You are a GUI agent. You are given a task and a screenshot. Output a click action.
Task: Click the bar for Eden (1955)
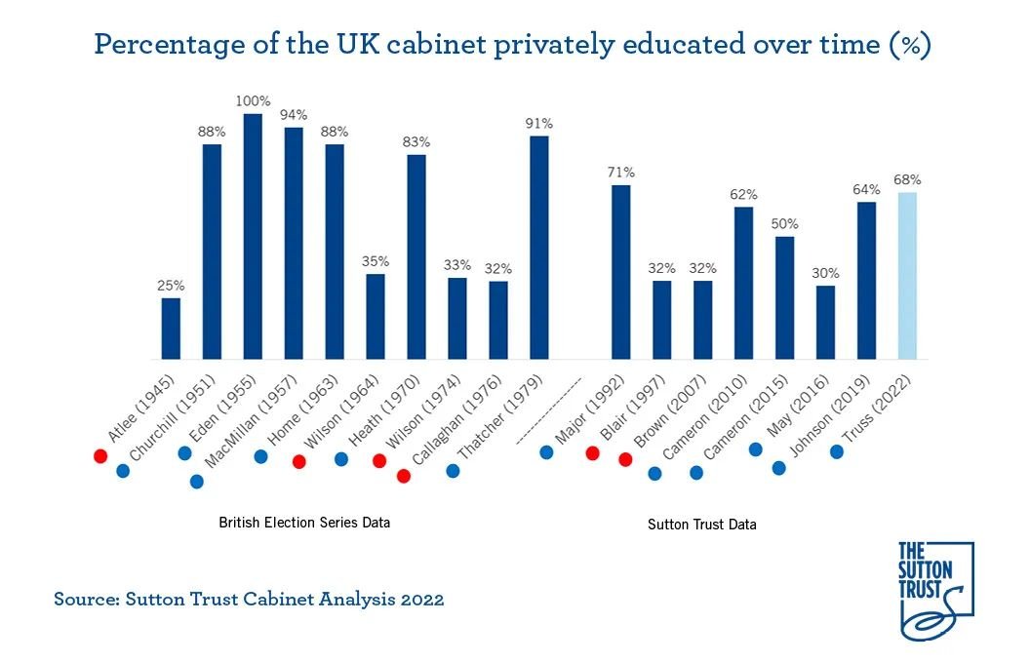click(253, 236)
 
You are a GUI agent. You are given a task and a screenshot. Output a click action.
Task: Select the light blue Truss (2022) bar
click(907, 275)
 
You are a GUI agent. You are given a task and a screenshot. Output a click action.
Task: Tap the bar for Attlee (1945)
click(171, 328)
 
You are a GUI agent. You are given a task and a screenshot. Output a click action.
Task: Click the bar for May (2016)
click(825, 322)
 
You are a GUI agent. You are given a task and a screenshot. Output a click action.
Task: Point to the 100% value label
click(252, 100)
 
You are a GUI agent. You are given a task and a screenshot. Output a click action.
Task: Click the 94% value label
click(294, 114)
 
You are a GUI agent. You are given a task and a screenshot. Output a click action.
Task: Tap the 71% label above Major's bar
click(621, 172)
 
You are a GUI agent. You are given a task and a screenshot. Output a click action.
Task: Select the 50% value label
click(784, 223)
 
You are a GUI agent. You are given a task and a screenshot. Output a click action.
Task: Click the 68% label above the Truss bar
click(907, 179)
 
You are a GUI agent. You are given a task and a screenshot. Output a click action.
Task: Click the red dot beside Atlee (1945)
click(99, 455)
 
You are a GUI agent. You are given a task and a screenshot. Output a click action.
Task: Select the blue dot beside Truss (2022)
click(837, 452)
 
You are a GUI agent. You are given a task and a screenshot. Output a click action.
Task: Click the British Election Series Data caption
click(304, 523)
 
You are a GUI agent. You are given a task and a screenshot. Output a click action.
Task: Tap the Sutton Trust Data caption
click(702, 525)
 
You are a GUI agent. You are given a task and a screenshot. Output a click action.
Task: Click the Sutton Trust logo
click(933, 591)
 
